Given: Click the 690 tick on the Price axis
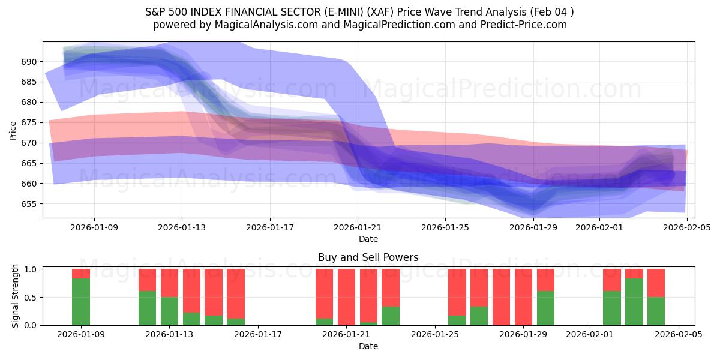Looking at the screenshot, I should point(29,62).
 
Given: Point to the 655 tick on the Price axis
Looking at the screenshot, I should point(29,204).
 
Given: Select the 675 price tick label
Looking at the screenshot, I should point(29,123).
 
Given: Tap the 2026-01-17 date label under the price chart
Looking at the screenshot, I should point(269,228).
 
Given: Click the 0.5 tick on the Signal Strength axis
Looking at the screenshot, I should point(31,298).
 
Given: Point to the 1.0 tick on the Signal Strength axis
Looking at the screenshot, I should point(31,269).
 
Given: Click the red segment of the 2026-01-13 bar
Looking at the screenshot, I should point(170,283).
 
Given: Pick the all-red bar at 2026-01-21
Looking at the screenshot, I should point(347,297).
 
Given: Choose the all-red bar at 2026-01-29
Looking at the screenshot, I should point(523,297).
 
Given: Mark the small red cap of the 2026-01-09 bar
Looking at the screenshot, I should point(81,274).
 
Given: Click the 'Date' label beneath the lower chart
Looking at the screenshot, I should point(368,347).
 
